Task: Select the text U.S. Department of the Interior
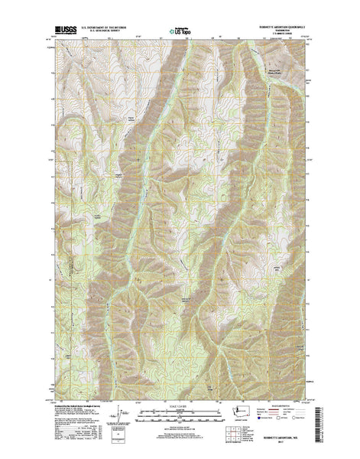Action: [x=104, y=29]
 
